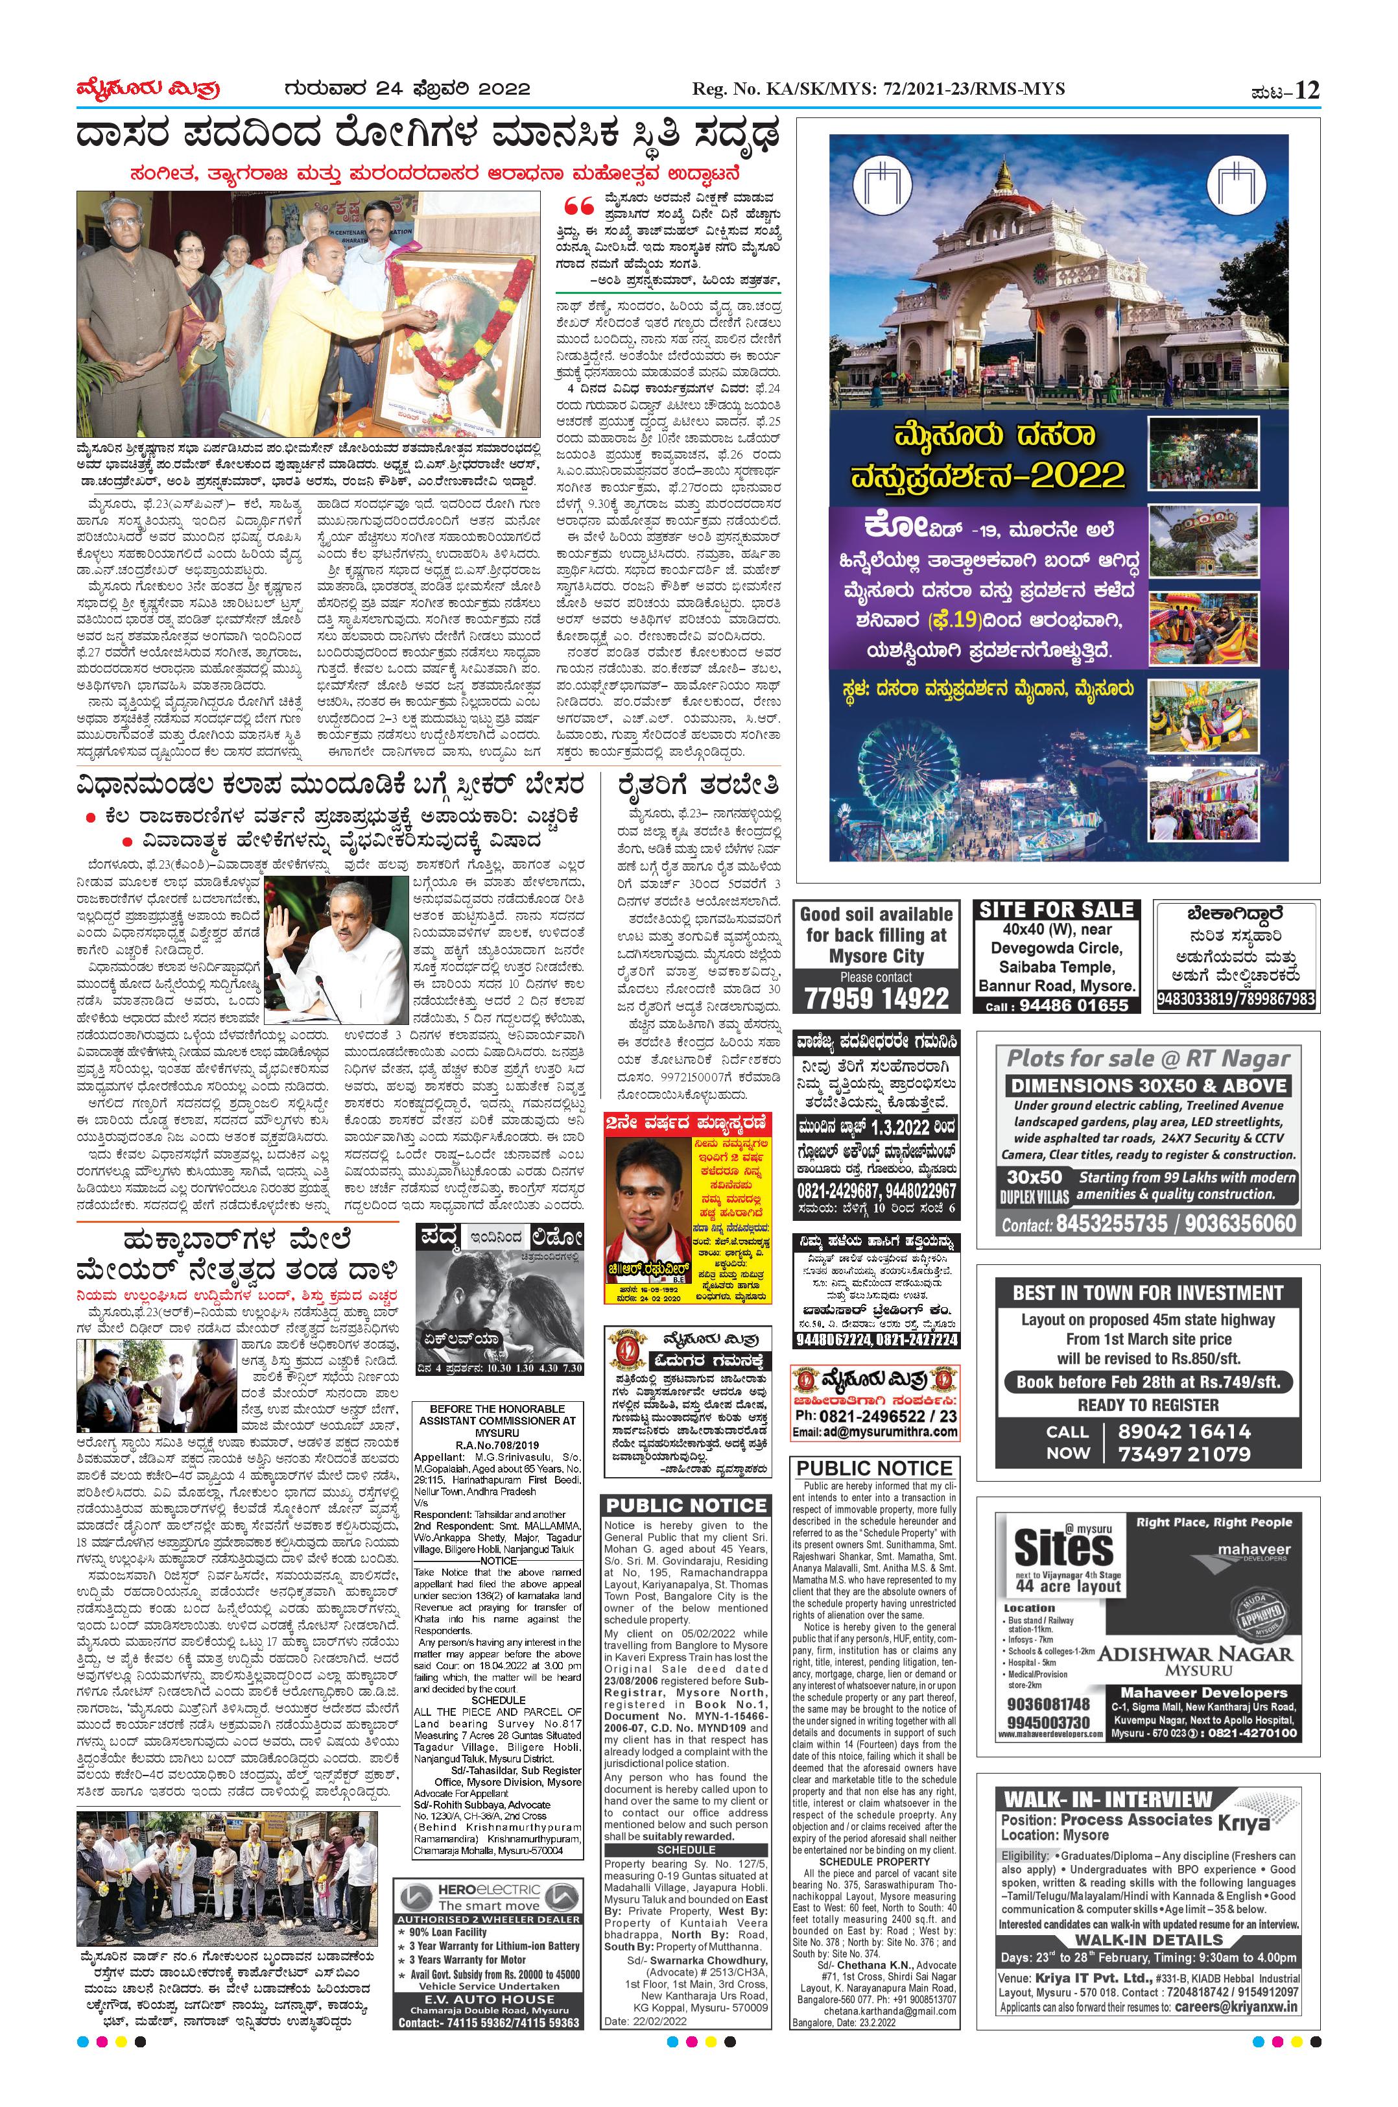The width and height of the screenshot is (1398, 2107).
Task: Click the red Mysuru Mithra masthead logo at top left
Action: [x=148, y=90]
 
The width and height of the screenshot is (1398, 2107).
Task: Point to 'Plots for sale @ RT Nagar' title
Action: [x=1148, y=1059]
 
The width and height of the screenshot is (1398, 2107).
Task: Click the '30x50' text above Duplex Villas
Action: [x=1034, y=1177]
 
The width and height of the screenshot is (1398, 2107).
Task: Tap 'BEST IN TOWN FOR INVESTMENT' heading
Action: [x=1148, y=1293]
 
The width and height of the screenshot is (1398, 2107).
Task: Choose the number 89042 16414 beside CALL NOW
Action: [x=1184, y=1432]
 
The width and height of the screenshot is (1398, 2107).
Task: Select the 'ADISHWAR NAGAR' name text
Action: [x=1196, y=1653]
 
